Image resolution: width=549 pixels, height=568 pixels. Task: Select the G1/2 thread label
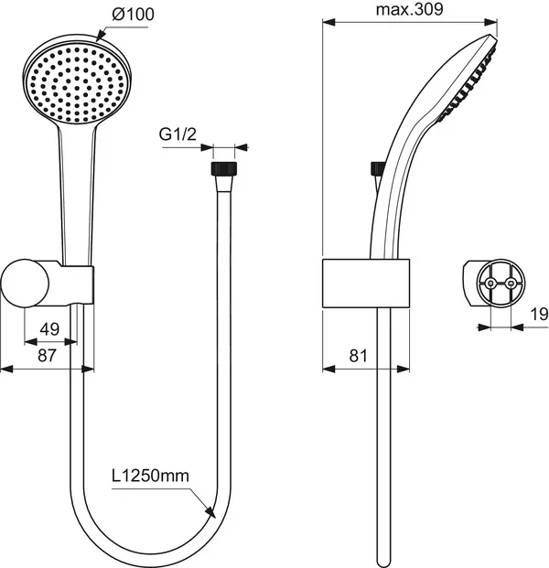coord(178,134)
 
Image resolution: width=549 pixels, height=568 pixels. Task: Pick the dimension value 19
coord(538,315)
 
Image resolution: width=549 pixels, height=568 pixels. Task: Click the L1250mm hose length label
coord(151,476)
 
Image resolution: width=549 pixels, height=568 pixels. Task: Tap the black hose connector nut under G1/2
coord(221,170)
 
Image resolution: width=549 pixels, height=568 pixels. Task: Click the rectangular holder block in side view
coord(365,283)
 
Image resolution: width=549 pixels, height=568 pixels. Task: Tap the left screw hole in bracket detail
coord(491,284)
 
